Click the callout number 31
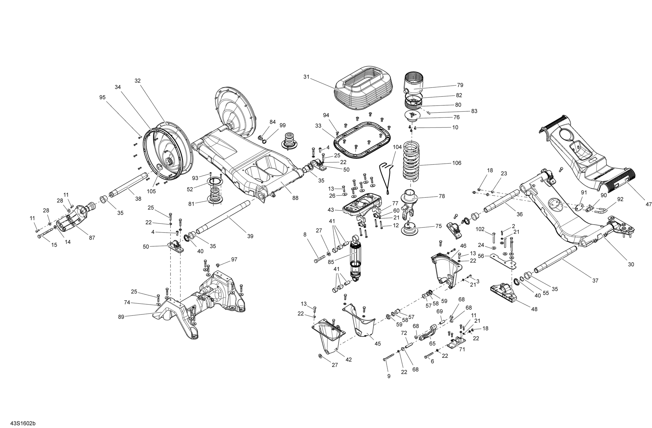pyautogui.click(x=306, y=77)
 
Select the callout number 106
pyautogui.click(x=457, y=163)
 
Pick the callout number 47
pyautogui.click(x=649, y=204)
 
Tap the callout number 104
pyautogui.click(x=397, y=147)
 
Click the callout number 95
pyautogui.click(x=102, y=97)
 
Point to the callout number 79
pyautogui.click(x=460, y=85)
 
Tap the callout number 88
pyautogui.click(x=295, y=198)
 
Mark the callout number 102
pyautogui.click(x=480, y=229)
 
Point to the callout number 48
pyautogui.click(x=534, y=309)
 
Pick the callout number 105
pyautogui.click(x=151, y=191)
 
